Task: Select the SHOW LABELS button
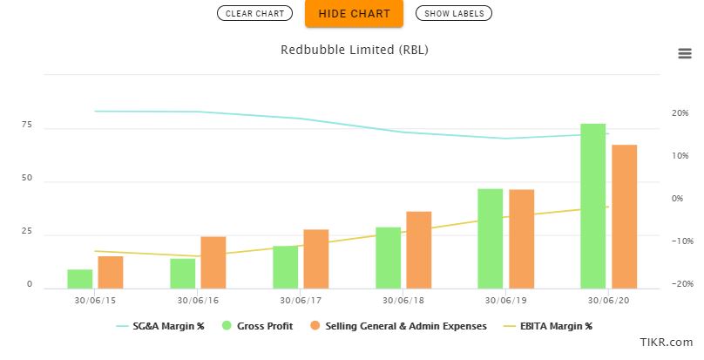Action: tap(454, 13)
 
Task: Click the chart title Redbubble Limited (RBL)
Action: tap(354, 50)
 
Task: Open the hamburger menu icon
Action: tap(685, 53)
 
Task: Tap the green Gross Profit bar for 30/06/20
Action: tap(592, 206)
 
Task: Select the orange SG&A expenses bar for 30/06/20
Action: tap(624, 216)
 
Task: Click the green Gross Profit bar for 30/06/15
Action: tap(79, 279)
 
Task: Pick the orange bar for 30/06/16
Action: tap(213, 262)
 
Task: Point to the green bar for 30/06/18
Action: tap(388, 257)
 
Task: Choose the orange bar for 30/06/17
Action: tap(316, 259)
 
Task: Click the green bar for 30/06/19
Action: tap(491, 238)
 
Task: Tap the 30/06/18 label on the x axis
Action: tap(403, 300)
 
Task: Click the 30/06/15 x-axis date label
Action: tap(95, 300)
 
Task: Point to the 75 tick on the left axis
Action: tap(26, 126)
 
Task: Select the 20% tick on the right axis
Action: tap(656, 113)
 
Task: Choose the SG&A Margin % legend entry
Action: tap(161, 326)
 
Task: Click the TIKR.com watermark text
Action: tap(667, 343)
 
